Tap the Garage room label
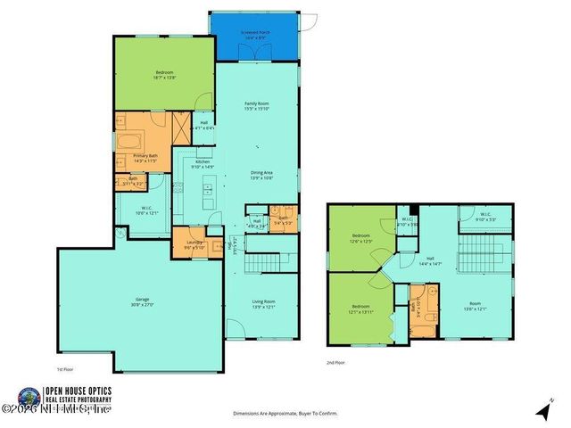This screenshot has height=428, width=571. (x=142, y=301)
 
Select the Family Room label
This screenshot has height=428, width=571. (x=257, y=106)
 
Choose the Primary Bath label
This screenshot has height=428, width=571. (x=146, y=159)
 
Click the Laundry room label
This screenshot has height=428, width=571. (x=194, y=244)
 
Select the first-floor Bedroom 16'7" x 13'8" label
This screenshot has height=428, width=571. (x=165, y=75)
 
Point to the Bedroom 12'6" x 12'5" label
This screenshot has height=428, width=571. (x=361, y=238)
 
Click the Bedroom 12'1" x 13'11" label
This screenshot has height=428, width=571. (x=360, y=309)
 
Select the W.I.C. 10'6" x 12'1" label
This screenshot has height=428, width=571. (x=145, y=210)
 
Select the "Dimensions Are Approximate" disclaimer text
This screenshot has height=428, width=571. (x=285, y=414)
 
